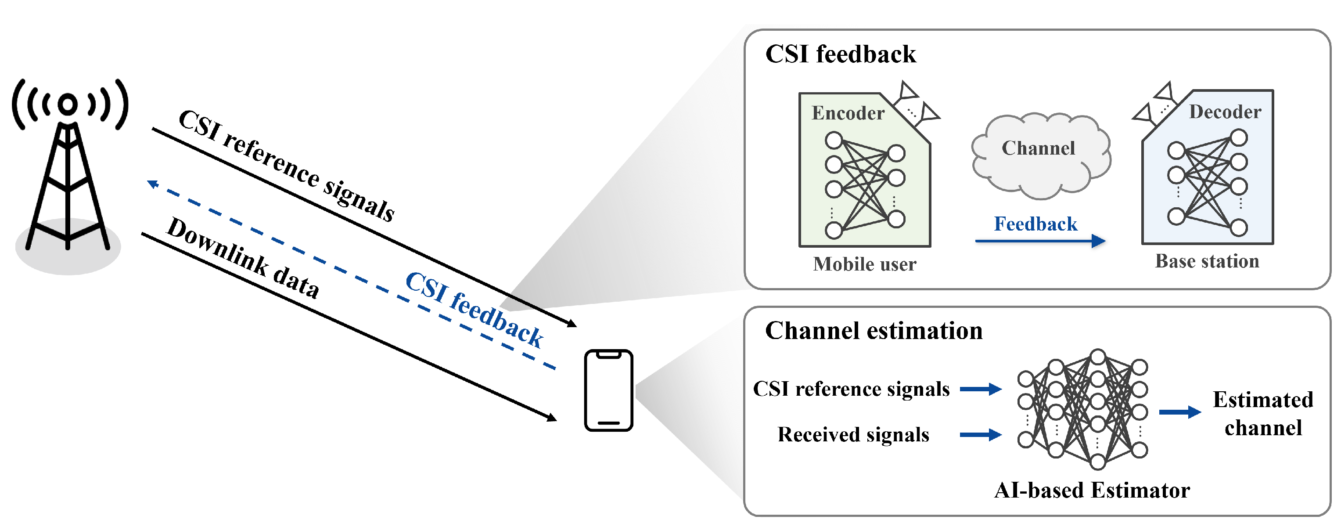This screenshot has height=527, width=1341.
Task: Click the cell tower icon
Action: pyautogui.click(x=68, y=172)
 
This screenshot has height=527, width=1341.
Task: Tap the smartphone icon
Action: pyautogui.click(x=608, y=390)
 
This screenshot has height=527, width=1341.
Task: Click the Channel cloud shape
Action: pyautogui.click(x=1041, y=155)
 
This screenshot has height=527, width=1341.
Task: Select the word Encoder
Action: pyautogui.click(x=848, y=113)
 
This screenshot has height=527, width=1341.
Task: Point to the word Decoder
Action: pyautogui.click(x=1225, y=112)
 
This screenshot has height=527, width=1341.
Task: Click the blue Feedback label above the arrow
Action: pyautogui.click(x=1035, y=224)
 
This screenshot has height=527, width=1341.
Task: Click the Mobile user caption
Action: pyautogui.click(x=865, y=264)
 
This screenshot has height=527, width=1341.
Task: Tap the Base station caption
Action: pyautogui.click(x=1207, y=261)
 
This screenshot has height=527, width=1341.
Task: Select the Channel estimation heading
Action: pyautogui.click(x=874, y=331)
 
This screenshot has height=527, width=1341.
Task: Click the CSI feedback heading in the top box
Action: pyautogui.click(x=841, y=54)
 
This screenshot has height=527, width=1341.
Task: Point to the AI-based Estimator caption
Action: pyautogui.click(x=1092, y=490)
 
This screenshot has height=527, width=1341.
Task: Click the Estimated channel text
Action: pyautogui.click(x=1263, y=414)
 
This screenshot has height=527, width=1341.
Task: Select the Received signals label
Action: pyautogui.click(x=853, y=434)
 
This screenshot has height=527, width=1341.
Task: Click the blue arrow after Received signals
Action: pyautogui.click(x=981, y=434)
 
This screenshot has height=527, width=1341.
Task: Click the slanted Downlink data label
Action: pyautogui.click(x=243, y=257)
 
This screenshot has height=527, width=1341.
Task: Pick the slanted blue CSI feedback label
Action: pyautogui.click(x=474, y=309)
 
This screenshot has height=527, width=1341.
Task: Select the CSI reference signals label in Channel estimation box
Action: pyautogui.click(x=851, y=389)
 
